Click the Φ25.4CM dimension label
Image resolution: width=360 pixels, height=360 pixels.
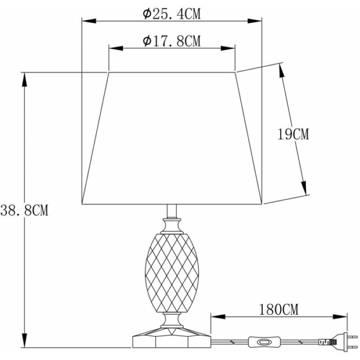pos(171,14)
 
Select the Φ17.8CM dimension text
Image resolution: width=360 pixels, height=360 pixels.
pos(171,41)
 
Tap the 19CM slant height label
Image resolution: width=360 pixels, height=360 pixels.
pos(293,134)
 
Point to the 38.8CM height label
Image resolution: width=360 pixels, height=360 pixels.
pos(24,210)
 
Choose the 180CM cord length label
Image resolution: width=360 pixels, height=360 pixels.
pos(279,310)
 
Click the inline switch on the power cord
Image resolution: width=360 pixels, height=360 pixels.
pos(264,342)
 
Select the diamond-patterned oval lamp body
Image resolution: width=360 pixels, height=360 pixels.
pos(172,273)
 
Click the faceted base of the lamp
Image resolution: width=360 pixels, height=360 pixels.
pos(171,337)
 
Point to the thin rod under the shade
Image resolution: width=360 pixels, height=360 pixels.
pos(172,211)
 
